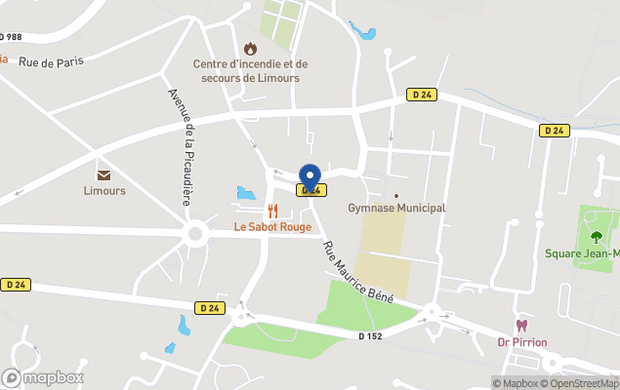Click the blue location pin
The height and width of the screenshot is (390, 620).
(x=310, y=177)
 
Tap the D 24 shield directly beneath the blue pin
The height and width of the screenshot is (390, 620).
(x=310, y=191)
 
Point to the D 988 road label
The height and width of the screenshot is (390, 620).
(x=11, y=37)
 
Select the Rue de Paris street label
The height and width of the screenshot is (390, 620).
(x=51, y=61)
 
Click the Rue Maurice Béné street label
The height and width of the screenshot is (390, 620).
(x=357, y=273)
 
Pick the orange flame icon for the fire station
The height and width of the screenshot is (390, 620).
(x=250, y=48)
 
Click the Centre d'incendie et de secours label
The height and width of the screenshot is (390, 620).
(x=249, y=71)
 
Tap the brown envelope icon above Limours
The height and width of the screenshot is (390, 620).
(x=103, y=175)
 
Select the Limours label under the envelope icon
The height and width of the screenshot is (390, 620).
(x=103, y=191)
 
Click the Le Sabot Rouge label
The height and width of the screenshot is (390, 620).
(x=272, y=227)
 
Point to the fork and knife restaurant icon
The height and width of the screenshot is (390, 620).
(x=272, y=211)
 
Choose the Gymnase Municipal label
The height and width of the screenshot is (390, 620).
(x=396, y=208)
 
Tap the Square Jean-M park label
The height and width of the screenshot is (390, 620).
(x=581, y=254)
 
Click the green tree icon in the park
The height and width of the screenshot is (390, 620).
(x=596, y=237)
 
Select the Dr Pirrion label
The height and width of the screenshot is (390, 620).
(x=521, y=342)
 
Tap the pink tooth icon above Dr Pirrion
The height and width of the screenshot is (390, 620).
(x=521, y=326)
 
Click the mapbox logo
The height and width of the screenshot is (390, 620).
(x=43, y=377)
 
